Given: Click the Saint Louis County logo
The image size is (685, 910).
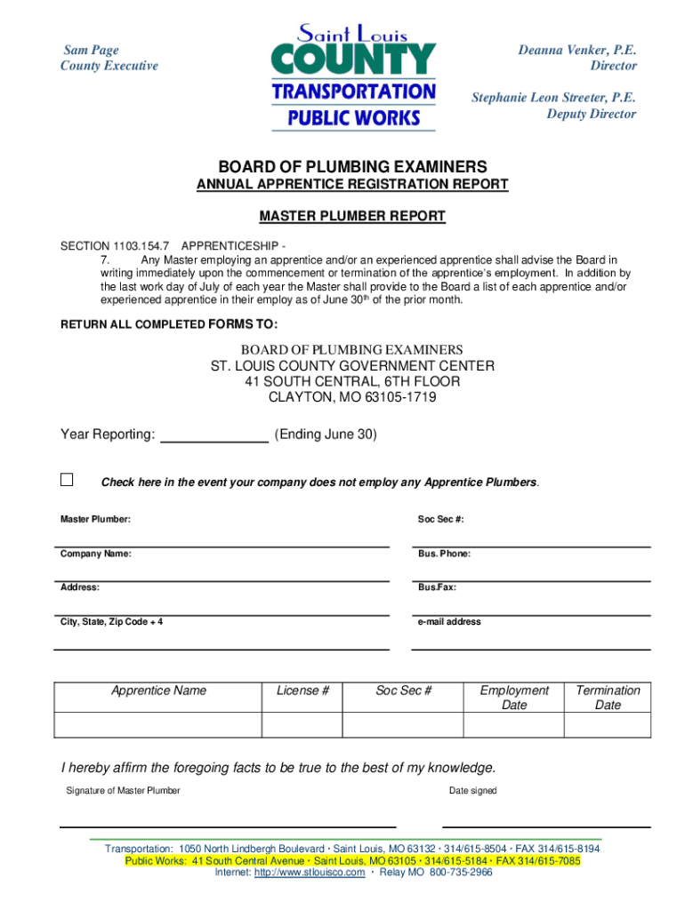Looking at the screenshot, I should (353, 78).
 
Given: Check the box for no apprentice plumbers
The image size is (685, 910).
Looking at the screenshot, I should (67, 480).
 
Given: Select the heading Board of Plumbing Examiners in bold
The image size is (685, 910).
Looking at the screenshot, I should (352, 166).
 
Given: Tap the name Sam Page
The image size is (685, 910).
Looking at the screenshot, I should (90, 51).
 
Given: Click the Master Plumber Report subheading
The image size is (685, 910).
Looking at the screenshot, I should (351, 216).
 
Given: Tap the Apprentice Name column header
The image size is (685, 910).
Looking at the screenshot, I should (158, 690).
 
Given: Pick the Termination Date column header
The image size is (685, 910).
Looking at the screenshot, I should (608, 698).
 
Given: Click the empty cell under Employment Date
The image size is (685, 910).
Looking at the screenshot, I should (514, 725).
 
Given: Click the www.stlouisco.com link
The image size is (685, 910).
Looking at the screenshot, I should (310, 873).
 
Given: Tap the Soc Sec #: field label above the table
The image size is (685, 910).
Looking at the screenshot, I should (440, 519).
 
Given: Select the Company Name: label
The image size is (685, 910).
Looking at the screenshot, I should (96, 554).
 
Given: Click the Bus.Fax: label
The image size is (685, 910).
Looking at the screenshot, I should (437, 587).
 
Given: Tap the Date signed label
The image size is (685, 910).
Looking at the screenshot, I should (472, 791).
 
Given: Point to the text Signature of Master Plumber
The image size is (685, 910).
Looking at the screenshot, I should (123, 791).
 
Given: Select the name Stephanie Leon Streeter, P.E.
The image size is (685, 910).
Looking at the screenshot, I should (553, 98).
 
